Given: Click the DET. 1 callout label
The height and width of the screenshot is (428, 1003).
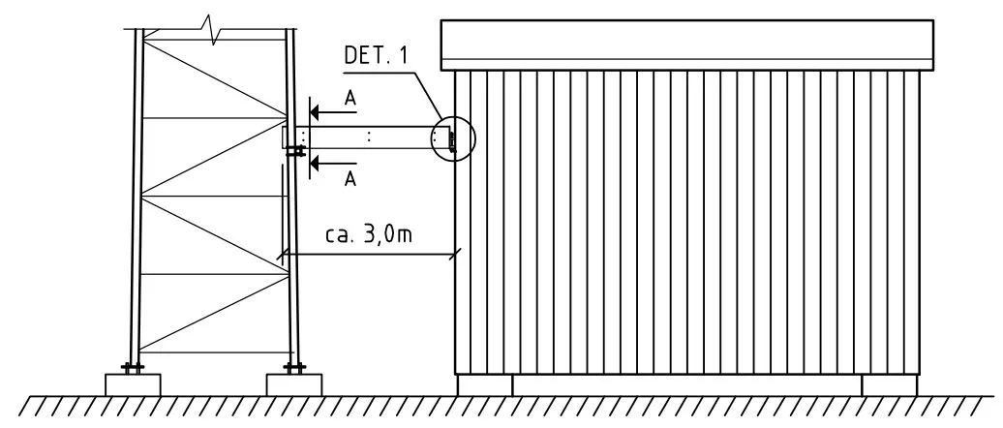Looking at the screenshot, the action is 376,54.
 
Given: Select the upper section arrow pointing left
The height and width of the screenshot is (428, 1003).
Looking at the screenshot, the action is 333,112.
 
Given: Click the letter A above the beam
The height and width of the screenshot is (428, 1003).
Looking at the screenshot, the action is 350,97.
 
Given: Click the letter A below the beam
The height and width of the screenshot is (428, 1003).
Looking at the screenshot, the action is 350,179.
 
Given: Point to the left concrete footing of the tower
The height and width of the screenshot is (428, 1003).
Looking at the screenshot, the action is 133,385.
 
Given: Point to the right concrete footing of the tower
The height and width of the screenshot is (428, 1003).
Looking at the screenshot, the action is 293,385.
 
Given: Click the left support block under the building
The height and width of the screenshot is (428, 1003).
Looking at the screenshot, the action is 485,385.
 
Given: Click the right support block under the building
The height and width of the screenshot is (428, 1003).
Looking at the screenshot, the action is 889,385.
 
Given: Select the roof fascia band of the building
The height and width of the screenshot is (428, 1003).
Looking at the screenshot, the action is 687,45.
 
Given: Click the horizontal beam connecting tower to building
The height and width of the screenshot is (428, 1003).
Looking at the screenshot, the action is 368,138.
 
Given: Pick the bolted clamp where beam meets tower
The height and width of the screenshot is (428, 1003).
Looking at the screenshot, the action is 295,151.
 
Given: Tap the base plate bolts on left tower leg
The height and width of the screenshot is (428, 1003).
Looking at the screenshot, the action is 133,368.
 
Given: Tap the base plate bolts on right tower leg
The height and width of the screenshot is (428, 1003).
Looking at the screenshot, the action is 293,368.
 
